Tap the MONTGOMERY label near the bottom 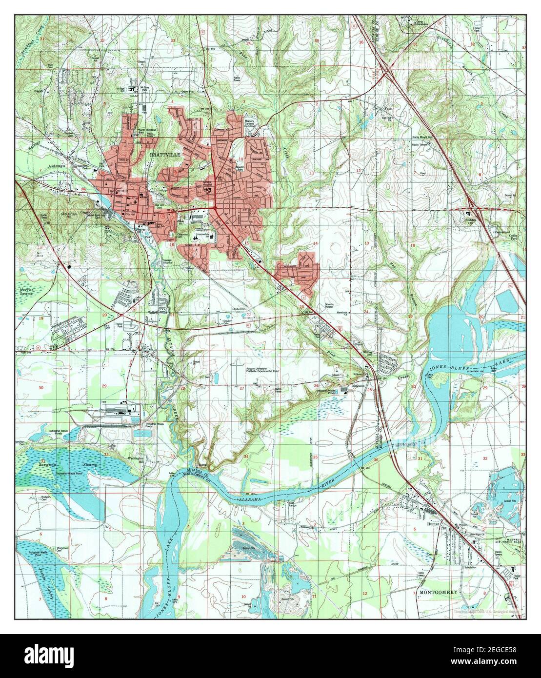[x=438, y=592]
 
